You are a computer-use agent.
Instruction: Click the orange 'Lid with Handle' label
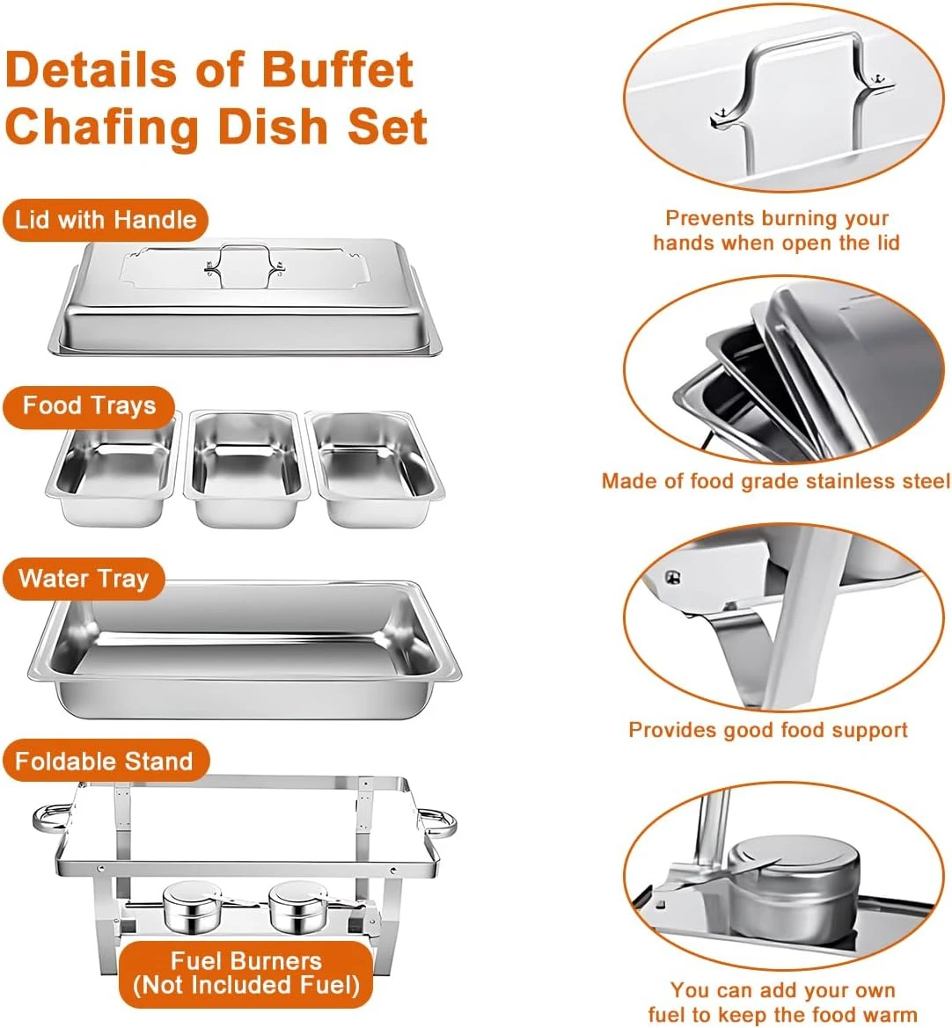coord(105,220)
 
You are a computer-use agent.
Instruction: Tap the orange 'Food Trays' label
coord(89,406)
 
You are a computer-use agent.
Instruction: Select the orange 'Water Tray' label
coord(84,579)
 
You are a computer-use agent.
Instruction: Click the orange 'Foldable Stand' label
coord(104,761)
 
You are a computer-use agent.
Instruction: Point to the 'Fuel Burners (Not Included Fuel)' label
coord(246,973)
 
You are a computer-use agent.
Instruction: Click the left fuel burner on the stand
coord(188,909)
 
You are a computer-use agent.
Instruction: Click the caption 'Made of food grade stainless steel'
coord(775,481)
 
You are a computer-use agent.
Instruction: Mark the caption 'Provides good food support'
coord(768,730)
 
